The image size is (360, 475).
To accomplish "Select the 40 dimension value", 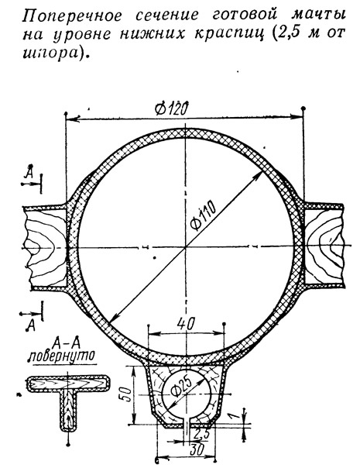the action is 185,324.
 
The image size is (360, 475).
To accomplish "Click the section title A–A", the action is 63,344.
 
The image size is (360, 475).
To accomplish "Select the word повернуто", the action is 61,356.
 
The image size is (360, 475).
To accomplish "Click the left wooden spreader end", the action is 46,247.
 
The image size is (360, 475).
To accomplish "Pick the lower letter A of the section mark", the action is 30,325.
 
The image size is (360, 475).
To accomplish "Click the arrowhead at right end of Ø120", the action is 297,117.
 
